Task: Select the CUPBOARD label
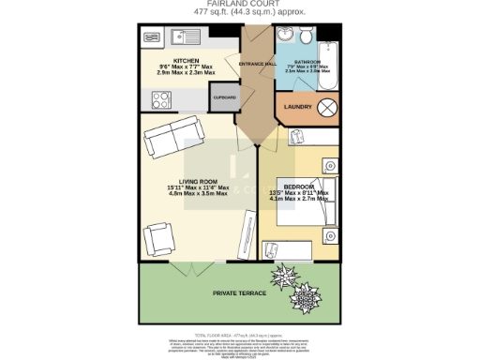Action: [224, 97]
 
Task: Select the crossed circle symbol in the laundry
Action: [328, 107]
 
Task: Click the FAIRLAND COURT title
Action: [239, 5]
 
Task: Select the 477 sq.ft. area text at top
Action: [239, 14]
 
